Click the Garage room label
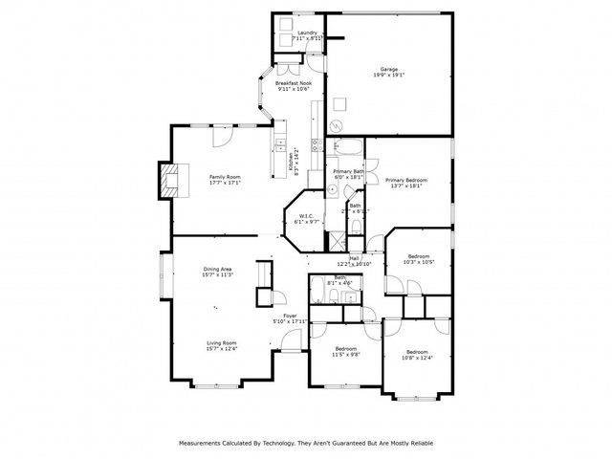click(389, 70)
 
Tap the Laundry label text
click(307, 33)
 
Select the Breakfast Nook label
click(294, 84)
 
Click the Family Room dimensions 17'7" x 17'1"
click(226, 184)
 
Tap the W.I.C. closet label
click(307, 216)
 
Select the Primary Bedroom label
click(406, 180)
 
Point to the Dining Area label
click(218, 270)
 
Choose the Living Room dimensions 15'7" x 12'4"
click(222, 349)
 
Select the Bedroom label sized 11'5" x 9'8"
click(345, 349)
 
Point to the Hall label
click(354, 258)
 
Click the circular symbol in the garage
click(336, 127)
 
